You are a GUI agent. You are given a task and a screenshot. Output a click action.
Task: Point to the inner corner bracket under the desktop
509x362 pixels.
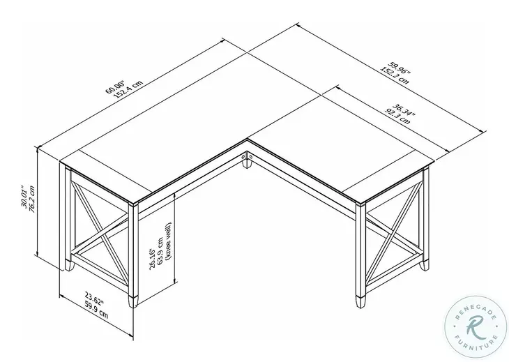coord(248,160)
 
